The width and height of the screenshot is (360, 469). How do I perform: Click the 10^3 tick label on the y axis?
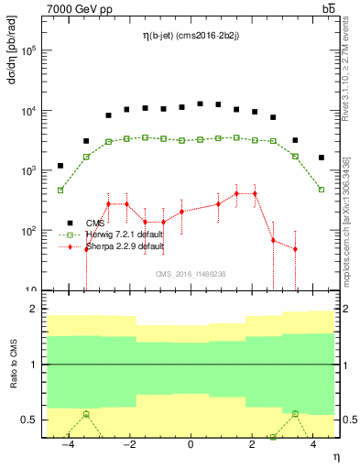pos(28,171)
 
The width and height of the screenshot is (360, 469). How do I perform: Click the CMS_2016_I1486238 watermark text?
pos(190,274)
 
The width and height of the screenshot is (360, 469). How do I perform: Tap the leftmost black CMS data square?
pos(60,166)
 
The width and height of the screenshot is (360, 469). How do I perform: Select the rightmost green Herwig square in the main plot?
pos(321,190)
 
